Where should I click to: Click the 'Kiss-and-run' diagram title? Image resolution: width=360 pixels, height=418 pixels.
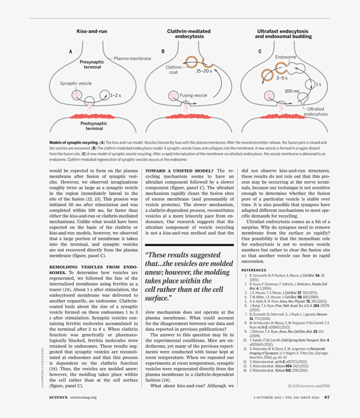point(92,32)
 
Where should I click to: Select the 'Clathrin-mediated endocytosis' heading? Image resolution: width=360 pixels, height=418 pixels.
point(189,34)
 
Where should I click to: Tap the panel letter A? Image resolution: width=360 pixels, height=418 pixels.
point(70,52)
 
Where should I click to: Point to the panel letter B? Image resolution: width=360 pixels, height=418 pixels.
point(163,52)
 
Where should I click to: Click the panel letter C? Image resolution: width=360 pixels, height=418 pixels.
point(259,52)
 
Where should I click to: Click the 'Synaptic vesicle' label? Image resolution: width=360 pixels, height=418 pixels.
point(76,83)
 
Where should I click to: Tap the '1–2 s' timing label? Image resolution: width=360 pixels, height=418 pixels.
point(116,95)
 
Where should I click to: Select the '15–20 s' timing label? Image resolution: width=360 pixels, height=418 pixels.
point(204,70)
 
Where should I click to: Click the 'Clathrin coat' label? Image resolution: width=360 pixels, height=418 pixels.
point(173,70)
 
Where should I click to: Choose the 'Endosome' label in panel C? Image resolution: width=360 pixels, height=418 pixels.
point(285,57)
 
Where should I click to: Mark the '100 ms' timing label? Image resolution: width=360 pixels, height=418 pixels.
point(292,91)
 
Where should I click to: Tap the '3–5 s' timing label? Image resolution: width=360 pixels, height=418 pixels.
point(282,78)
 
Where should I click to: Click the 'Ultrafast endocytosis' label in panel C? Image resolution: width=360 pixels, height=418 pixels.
point(316,111)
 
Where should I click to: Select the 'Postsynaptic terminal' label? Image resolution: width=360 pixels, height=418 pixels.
point(94,126)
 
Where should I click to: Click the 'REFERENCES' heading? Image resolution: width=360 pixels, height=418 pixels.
point(254,270)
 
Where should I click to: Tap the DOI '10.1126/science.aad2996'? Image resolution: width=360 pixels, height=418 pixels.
point(309,386)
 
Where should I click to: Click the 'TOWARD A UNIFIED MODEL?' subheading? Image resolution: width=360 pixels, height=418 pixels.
point(179,171)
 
